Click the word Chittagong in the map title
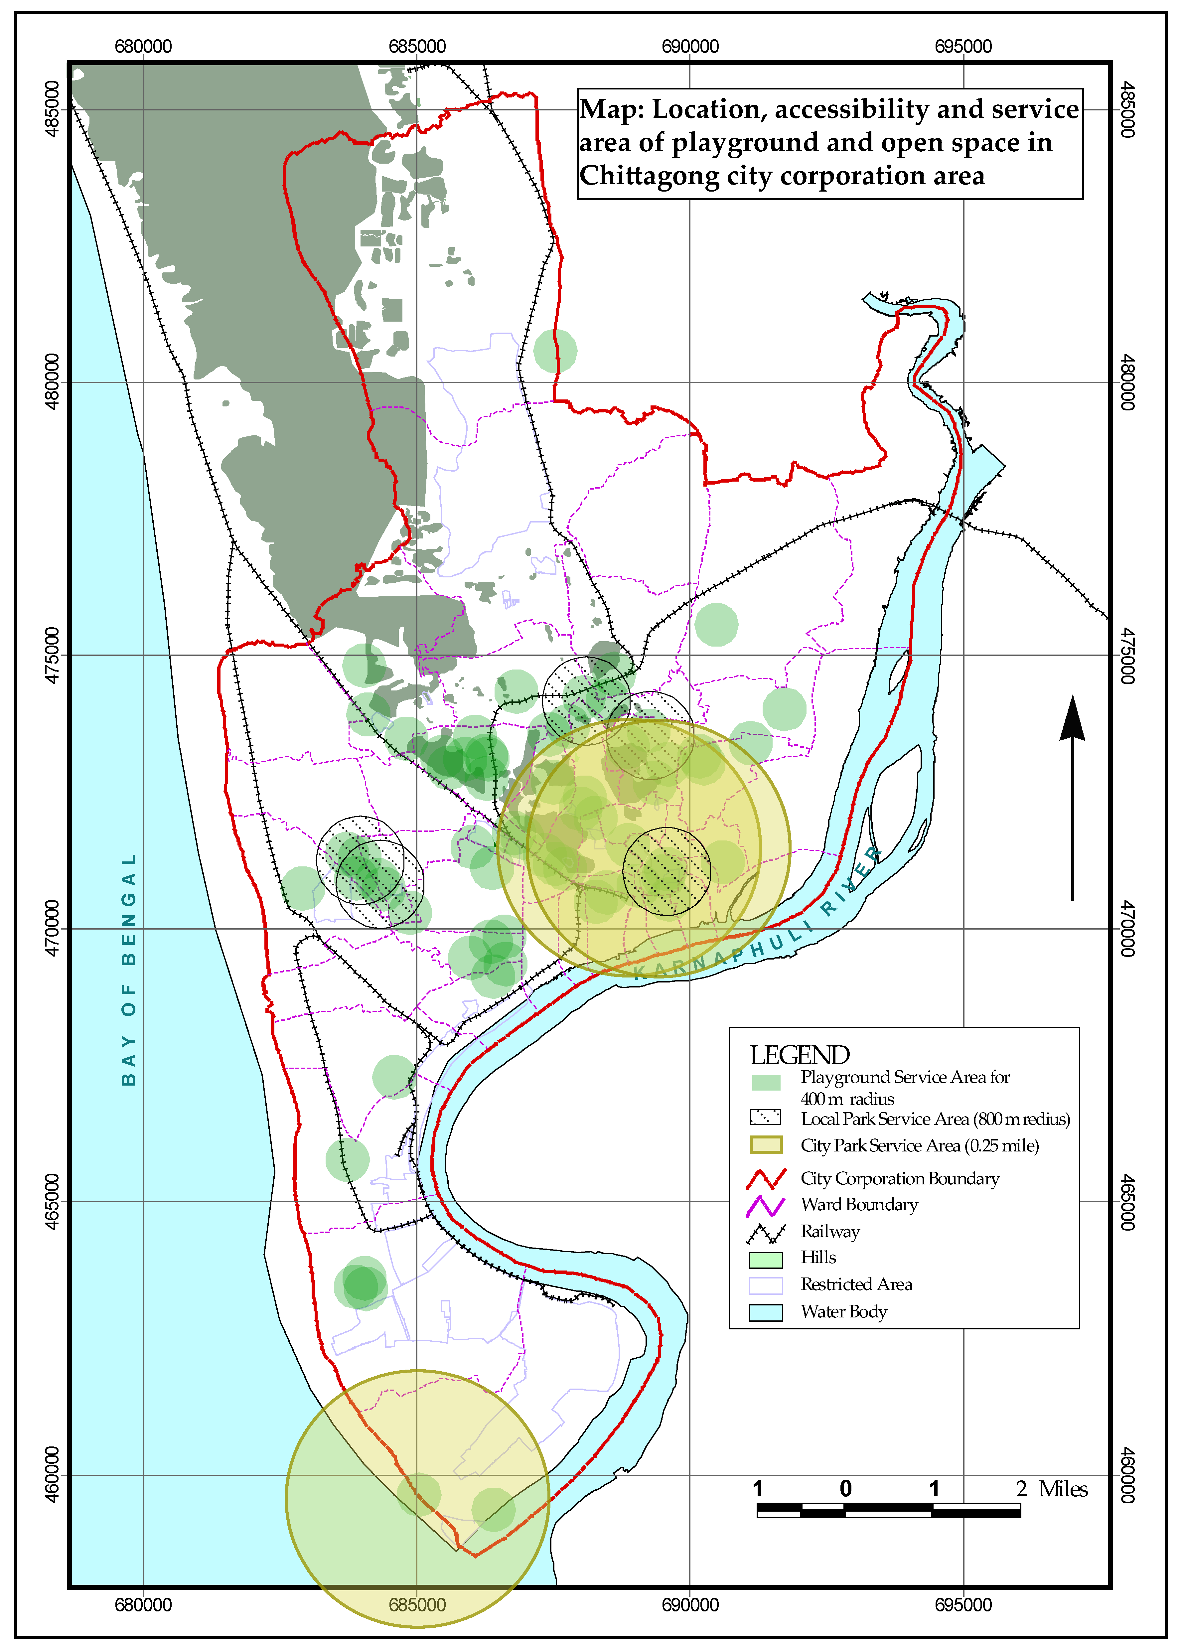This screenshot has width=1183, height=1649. pos(649,176)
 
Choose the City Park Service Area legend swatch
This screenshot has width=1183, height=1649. pos(766,1145)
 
